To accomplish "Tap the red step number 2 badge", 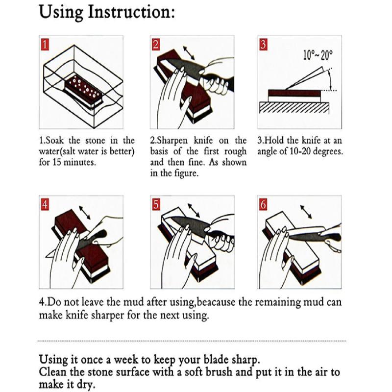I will [156, 45].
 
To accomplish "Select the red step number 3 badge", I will [264, 45].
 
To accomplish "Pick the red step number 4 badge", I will [45, 205].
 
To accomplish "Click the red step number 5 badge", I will [156, 205].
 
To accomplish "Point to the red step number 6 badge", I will [264, 205].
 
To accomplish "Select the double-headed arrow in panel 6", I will [308, 212].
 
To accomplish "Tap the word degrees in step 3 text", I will [325, 152].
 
